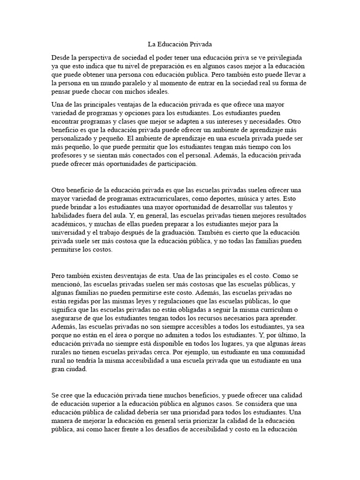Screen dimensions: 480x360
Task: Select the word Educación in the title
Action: click(x=172, y=45)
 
